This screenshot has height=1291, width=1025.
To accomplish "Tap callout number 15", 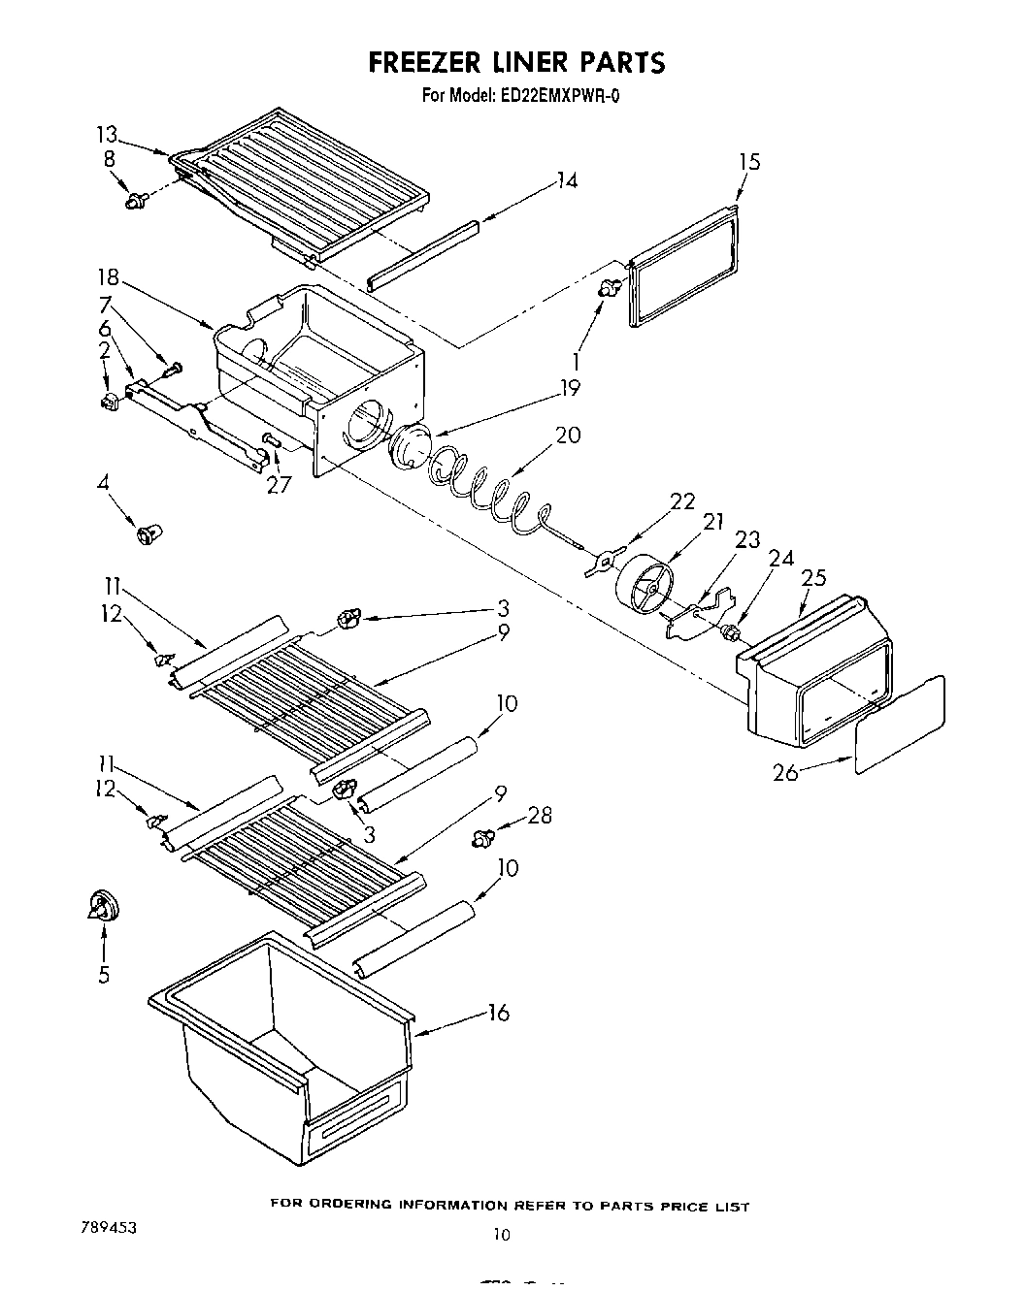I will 749,162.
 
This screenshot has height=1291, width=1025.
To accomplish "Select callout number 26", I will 786,773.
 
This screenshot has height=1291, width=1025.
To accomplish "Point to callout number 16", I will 498,1013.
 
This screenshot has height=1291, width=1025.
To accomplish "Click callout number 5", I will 103,975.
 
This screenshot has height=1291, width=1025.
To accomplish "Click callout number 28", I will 539,816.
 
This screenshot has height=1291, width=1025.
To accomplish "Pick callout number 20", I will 568,436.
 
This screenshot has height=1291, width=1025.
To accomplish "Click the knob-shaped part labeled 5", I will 102,906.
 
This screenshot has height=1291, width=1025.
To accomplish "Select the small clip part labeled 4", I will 149,533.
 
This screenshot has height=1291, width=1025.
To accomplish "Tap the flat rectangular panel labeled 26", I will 900,725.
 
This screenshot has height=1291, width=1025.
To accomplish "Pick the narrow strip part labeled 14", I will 423,254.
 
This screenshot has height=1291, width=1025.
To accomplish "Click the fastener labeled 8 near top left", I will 136,202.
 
